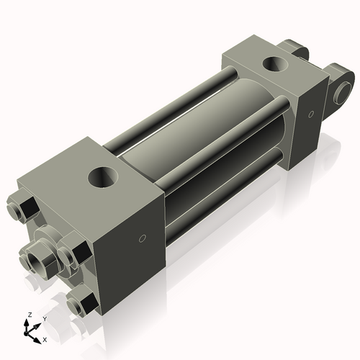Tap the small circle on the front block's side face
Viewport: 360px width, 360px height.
coord(143,238)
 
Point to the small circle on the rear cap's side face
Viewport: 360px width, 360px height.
coord(310,114)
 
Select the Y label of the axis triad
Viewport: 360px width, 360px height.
coord(44,318)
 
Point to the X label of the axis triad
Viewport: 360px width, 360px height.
coord(45,338)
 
